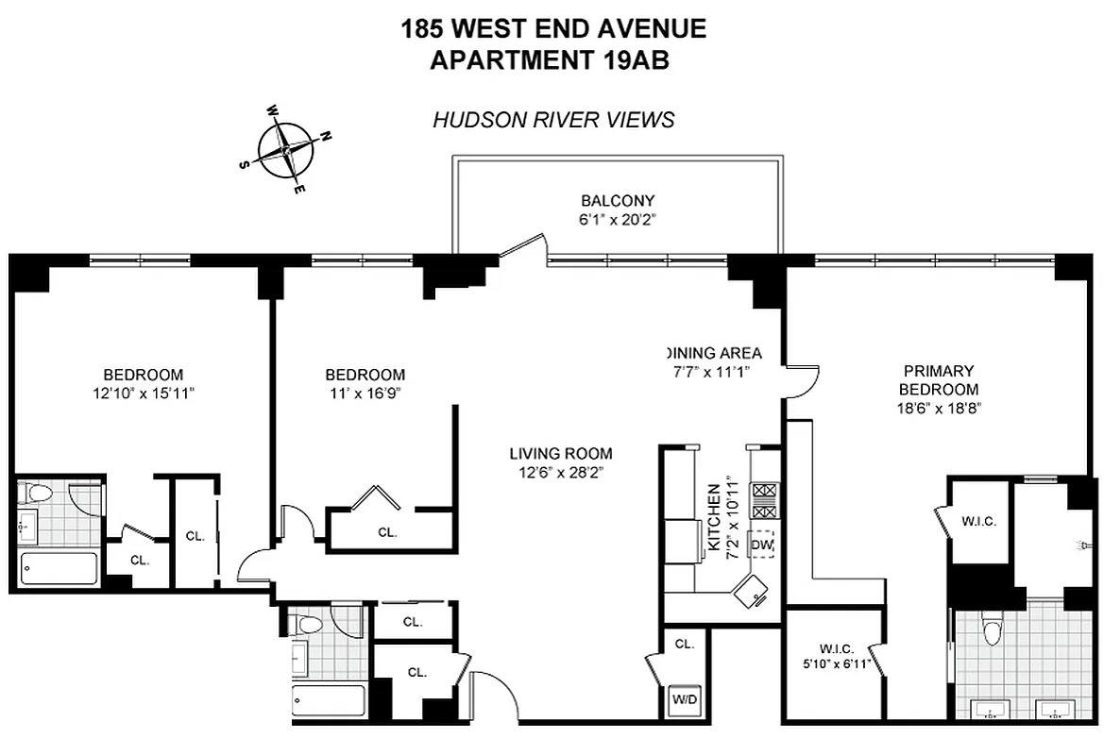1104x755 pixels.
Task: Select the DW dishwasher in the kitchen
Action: click(761, 545)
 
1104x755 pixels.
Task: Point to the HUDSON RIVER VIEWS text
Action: click(553, 120)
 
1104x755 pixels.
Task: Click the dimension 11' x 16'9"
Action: click(365, 393)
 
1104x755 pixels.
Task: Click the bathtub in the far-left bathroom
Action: click(59, 568)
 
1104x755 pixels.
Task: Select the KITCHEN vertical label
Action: click(715, 519)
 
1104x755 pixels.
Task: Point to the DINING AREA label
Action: click(713, 354)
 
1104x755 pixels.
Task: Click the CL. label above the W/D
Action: click(685, 644)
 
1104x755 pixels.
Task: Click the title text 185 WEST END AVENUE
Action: click(553, 28)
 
